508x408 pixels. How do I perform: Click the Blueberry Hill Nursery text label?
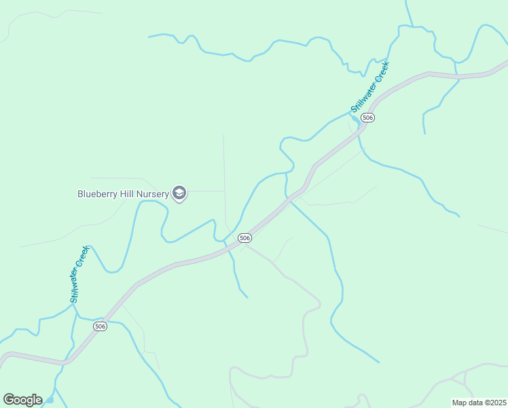[x=123, y=194]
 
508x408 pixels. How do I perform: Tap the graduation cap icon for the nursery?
[x=179, y=194]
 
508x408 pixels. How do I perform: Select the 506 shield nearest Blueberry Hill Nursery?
[x=245, y=238]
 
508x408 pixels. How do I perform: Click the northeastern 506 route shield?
[x=367, y=118]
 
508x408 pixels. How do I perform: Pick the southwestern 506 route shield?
[x=100, y=326]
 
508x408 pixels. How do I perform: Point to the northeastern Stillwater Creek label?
[x=369, y=88]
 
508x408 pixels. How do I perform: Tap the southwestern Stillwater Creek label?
[x=79, y=274]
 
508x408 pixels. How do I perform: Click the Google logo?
[x=22, y=400]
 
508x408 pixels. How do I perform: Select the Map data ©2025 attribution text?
[x=479, y=403]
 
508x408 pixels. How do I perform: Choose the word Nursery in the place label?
[x=153, y=194]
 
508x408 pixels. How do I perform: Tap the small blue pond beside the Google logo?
[x=49, y=400]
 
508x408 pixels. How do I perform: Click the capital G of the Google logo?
[x=9, y=400]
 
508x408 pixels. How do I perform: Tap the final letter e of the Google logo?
[x=38, y=401]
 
